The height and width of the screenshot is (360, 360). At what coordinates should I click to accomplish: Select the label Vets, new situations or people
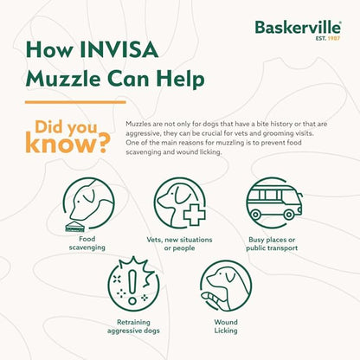pyautogui.click(x=180, y=243)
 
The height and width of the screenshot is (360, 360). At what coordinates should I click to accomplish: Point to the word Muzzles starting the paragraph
pyautogui.click(x=138, y=125)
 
